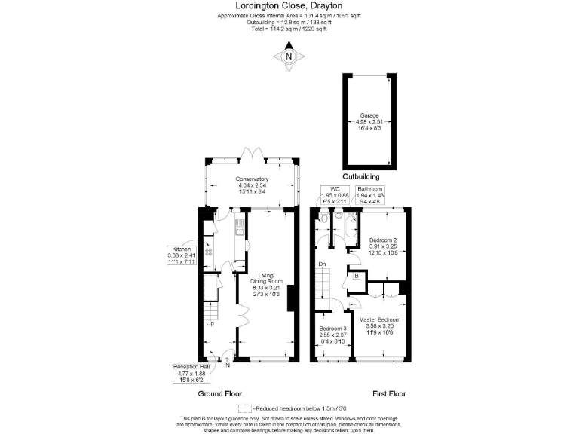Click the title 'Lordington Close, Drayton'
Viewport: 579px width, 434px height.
(x=289, y=6)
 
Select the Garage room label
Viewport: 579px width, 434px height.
(x=369, y=121)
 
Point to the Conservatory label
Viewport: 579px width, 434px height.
(x=252, y=183)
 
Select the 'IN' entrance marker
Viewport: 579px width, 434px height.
(x=226, y=365)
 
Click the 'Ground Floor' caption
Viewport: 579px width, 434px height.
(x=219, y=393)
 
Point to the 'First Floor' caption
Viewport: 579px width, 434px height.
(x=389, y=393)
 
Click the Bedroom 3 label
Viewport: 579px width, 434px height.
(x=332, y=334)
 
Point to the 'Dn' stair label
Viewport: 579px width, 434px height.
(x=322, y=264)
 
